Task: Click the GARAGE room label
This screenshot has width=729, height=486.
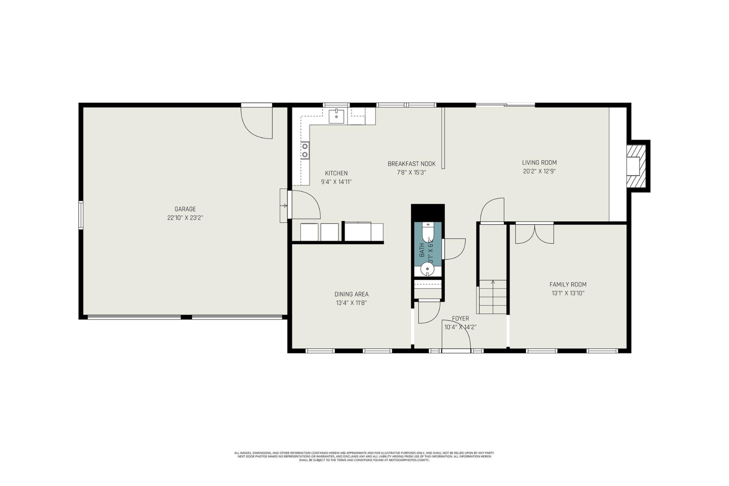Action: click(185, 209)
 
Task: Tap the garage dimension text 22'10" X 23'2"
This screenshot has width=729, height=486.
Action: click(185, 217)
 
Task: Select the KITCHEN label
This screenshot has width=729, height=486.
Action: click(336, 173)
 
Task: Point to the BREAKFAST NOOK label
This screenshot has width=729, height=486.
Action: click(411, 164)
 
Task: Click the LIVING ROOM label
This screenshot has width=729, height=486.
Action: click(539, 162)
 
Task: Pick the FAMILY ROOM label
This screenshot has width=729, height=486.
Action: click(568, 284)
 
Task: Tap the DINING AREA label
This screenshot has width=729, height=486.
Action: click(351, 294)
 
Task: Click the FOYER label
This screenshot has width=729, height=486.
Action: click(460, 318)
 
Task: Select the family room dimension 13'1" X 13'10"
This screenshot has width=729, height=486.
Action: click(568, 293)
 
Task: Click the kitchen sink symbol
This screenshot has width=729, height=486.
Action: click(336, 116)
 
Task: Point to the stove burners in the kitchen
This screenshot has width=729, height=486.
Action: click(305, 150)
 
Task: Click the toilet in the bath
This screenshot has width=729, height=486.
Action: click(427, 232)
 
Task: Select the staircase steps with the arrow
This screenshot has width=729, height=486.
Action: click(492, 296)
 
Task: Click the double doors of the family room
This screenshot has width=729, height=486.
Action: click(535, 234)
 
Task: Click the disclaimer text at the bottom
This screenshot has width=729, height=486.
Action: click(364, 456)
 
